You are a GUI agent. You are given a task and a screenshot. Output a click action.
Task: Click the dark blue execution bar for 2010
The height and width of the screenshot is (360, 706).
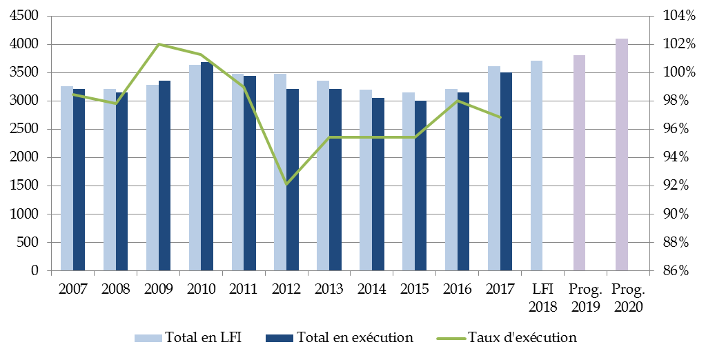[207, 166]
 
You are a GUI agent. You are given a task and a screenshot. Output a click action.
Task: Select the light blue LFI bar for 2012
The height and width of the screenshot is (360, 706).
[280, 172]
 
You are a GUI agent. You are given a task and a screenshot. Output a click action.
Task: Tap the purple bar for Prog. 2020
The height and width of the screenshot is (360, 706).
[622, 154]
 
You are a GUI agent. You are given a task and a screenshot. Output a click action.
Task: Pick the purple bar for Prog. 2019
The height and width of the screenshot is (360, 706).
[579, 163]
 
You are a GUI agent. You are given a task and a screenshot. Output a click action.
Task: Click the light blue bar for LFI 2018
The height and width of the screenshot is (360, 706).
[536, 166]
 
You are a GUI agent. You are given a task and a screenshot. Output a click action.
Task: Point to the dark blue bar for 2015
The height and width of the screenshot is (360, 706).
[420, 186]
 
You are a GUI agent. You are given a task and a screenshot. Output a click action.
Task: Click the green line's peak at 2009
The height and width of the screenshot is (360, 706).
[159, 44]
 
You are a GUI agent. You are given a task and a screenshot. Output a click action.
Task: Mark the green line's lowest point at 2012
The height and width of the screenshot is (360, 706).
[286, 185]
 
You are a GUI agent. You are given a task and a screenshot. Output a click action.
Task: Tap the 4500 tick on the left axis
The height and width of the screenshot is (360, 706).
[26, 17]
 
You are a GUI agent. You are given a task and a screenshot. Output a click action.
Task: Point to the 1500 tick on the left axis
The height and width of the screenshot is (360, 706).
[26, 186]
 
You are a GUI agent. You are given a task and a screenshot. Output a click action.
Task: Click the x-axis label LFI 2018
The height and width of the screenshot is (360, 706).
[542, 297]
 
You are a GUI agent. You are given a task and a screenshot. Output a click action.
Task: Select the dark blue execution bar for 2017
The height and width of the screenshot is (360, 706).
[506, 172]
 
